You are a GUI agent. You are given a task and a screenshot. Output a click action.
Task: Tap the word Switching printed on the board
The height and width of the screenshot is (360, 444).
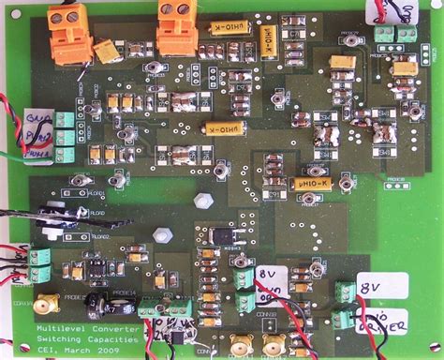(x=57, y=340)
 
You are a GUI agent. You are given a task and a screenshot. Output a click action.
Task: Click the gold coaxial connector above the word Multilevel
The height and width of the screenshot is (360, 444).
(x=44, y=306)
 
